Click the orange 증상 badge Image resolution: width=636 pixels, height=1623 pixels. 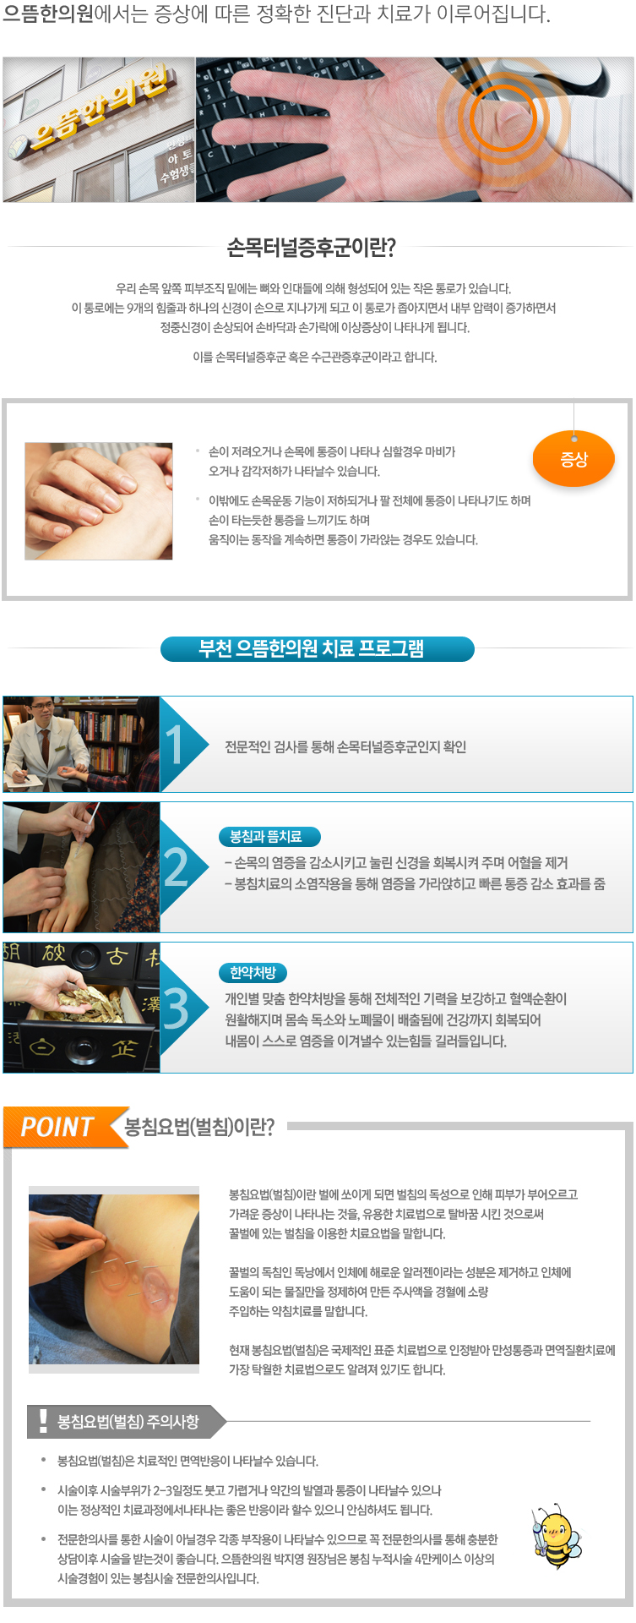tap(573, 459)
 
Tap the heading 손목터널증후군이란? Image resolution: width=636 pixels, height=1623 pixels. tap(311, 248)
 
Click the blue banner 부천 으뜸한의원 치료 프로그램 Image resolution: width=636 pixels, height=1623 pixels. tap(318, 648)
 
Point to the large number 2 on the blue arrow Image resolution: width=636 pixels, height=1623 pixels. tap(176, 867)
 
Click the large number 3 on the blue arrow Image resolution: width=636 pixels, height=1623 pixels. tap(176, 1008)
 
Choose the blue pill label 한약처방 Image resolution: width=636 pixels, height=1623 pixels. tap(253, 973)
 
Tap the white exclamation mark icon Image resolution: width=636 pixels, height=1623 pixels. tap(43, 1421)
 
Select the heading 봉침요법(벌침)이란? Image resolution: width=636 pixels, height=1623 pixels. tap(199, 1127)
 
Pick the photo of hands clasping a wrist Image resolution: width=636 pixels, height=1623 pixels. tap(99, 501)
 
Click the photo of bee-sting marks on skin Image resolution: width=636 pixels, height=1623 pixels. tap(114, 1275)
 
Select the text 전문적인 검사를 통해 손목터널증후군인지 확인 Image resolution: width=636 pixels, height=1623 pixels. tap(345, 747)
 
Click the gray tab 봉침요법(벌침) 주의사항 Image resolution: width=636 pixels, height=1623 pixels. tap(127, 1421)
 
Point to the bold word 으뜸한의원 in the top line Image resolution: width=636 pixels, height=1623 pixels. tap(48, 14)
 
